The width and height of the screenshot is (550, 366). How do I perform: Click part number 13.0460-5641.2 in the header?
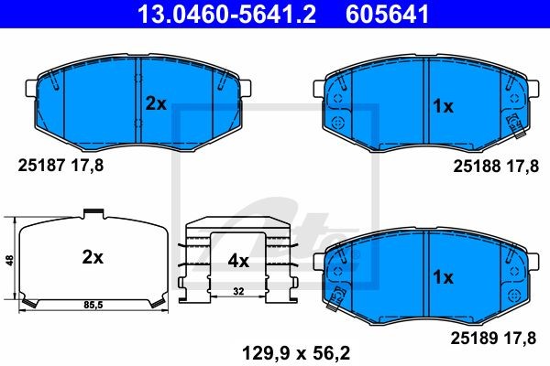pyautogui.click(x=226, y=14)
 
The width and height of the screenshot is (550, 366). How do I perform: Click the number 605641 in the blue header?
pyautogui.click(x=387, y=14)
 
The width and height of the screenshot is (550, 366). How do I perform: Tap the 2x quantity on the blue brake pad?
pyautogui.click(x=156, y=103)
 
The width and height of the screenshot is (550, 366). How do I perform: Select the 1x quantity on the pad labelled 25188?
pyautogui.click(x=444, y=106)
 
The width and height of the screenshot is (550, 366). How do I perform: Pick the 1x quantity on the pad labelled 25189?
pyautogui.click(x=444, y=277)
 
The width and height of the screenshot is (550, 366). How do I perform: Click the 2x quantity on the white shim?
pyautogui.click(x=93, y=257)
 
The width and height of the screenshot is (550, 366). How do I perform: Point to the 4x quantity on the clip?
pyautogui.click(x=238, y=261)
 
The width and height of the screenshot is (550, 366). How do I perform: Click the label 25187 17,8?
pyautogui.click(x=60, y=165)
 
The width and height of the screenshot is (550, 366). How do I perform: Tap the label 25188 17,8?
pyautogui.click(x=496, y=166)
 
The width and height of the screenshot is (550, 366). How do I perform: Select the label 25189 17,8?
pyautogui.click(x=493, y=338)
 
